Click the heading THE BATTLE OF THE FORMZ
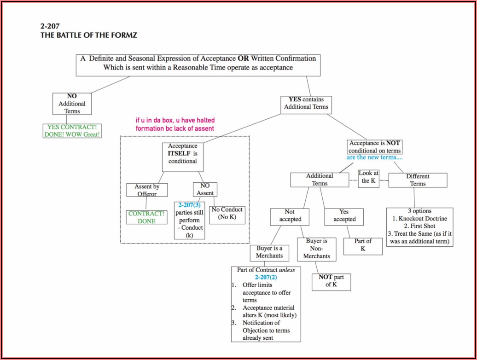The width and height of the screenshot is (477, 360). point(89,35)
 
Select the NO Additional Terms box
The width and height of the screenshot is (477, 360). point(72,104)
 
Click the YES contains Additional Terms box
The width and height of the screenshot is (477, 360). point(306,103)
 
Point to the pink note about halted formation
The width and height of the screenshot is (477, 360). point(175,124)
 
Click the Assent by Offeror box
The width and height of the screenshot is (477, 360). point(147,190)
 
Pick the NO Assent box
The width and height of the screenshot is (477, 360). point(205,189)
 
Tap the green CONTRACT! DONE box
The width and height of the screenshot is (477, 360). point(146,217)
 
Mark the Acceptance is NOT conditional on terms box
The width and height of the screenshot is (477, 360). point(374,147)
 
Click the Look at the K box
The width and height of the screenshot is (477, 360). point(369,177)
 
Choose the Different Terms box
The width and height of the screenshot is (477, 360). point(418,180)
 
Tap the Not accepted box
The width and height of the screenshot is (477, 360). point(290,215)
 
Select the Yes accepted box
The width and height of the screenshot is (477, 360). point(344,215)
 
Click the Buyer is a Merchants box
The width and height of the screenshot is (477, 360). point(269,252)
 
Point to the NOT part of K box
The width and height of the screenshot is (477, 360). point(331,281)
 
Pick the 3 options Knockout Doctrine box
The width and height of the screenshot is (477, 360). point(419,226)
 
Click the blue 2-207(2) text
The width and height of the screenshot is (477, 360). point(266,277)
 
